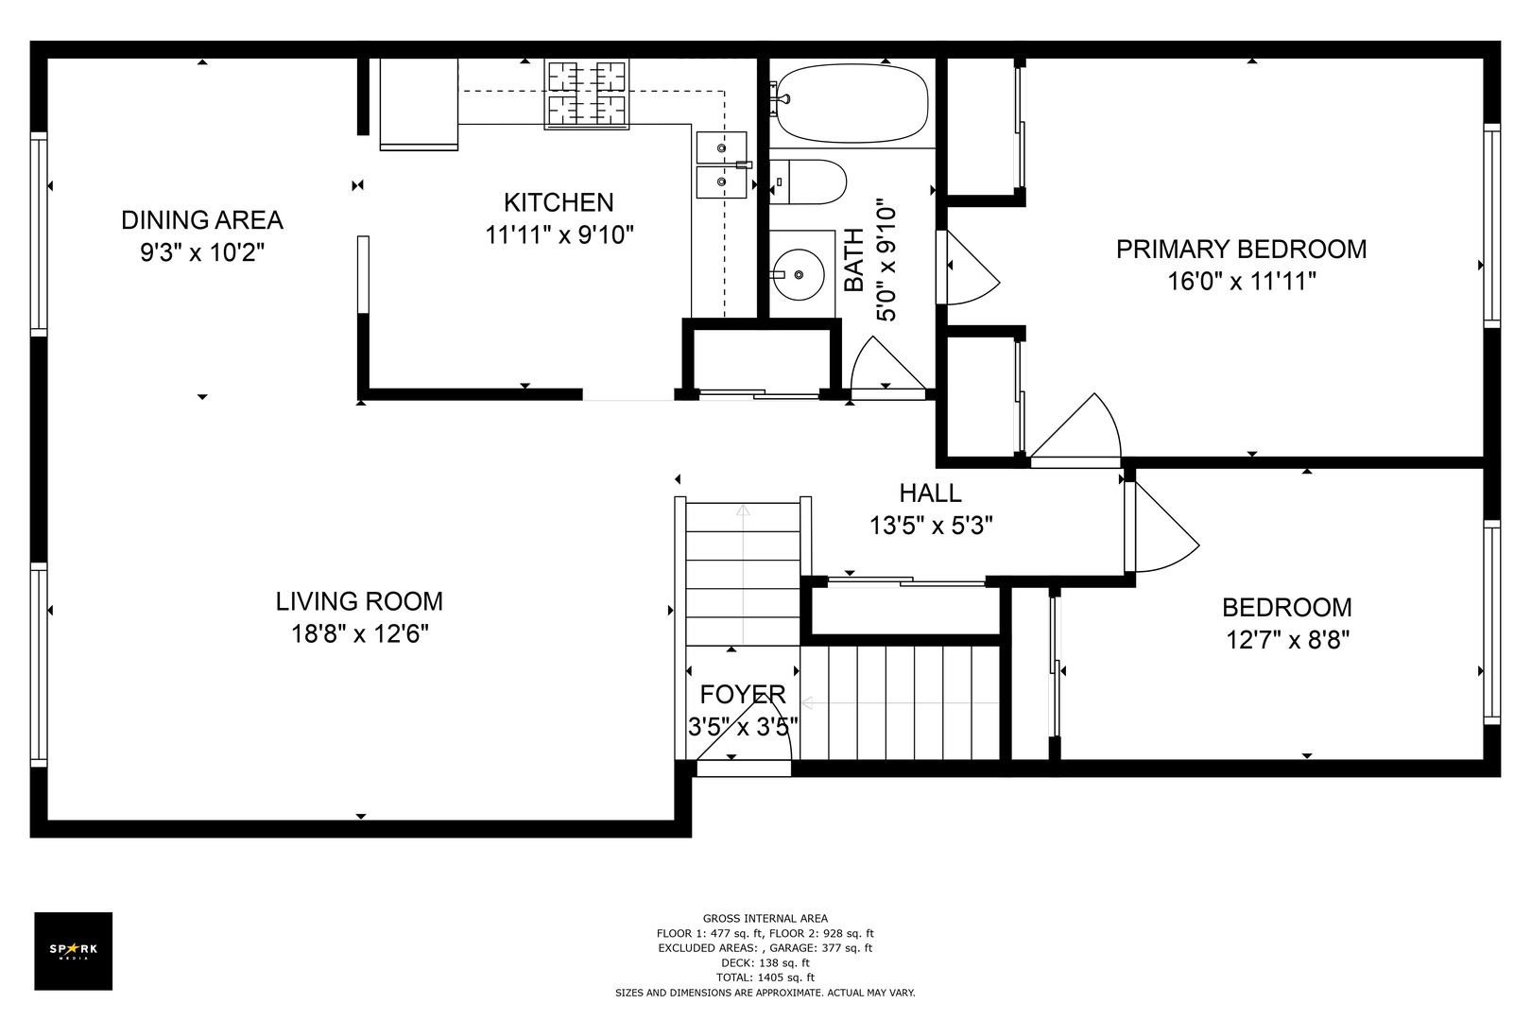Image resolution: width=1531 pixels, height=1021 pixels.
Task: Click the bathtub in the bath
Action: (852, 103)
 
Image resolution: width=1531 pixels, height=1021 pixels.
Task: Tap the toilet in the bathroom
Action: (808, 182)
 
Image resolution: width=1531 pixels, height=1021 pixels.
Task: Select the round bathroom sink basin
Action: (799, 275)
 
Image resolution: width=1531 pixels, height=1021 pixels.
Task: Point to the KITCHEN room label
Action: (559, 202)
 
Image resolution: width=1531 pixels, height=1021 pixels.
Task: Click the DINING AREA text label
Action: (202, 220)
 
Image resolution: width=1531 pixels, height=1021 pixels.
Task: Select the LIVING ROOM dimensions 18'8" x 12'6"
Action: (360, 634)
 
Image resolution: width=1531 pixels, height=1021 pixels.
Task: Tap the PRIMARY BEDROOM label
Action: (1241, 249)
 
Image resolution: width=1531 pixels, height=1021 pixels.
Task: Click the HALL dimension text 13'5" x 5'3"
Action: (931, 526)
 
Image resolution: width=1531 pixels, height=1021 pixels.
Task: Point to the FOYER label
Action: (743, 694)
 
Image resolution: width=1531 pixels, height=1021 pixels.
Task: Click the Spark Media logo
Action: (73, 950)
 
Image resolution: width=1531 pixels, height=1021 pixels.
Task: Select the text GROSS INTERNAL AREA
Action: (765, 918)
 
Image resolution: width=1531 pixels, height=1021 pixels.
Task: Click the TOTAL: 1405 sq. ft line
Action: (765, 978)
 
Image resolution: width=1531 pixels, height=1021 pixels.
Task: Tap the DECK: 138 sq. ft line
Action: (765, 963)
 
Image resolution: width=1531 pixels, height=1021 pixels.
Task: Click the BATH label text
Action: (854, 260)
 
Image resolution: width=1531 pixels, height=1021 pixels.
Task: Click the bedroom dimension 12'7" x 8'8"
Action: (1287, 640)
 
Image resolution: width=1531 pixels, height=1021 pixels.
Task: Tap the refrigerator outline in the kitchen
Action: (419, 104)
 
